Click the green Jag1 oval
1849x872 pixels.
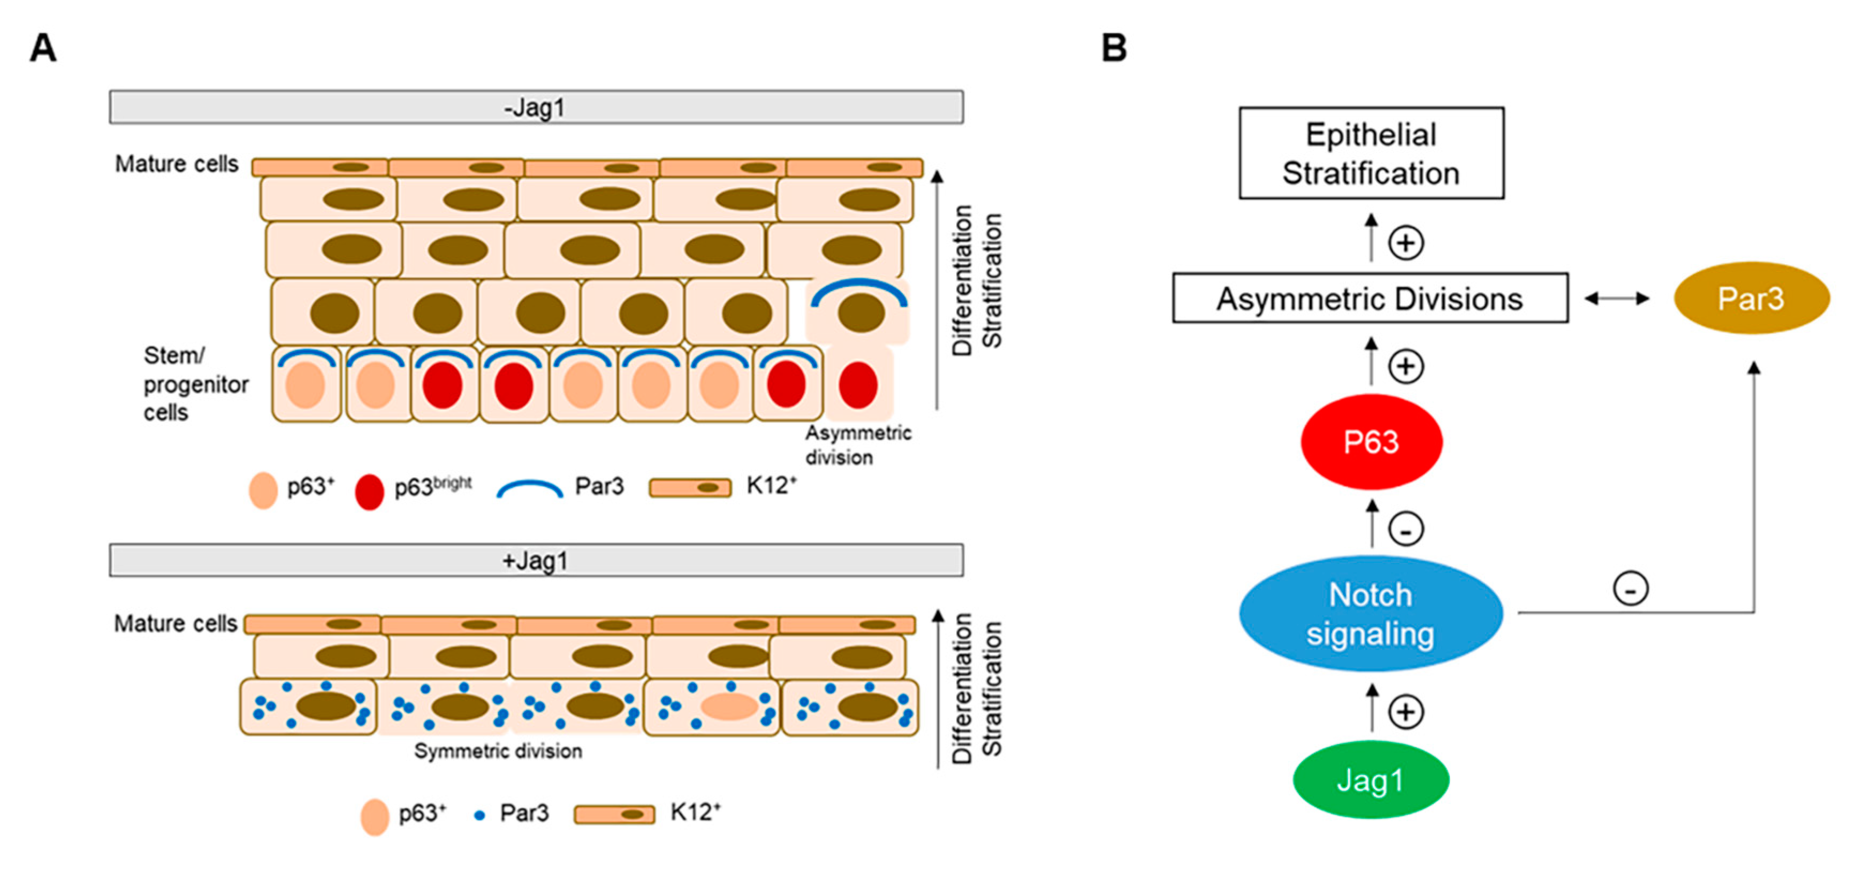(1370, 779)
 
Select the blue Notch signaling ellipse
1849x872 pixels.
(1370, 614)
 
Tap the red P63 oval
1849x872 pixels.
(1371, 441)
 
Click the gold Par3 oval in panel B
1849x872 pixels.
(1751, 298)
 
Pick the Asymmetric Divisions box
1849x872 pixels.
(1369, 298)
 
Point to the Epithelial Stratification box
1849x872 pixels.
(1371, 153)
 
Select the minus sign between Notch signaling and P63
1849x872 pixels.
(1405, 530)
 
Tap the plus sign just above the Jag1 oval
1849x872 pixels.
(1405, 712)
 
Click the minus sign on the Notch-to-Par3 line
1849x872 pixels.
(1631, 588)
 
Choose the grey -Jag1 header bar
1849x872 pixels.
(536, 108)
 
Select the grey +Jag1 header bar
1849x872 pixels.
(536, 560)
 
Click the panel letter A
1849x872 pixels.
(43, 49)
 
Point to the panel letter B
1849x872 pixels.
(1114, 49)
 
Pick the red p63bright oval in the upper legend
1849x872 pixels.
(369, 492)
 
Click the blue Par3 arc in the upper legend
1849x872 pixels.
(530, 489)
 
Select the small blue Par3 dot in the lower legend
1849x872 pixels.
(480, 815)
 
